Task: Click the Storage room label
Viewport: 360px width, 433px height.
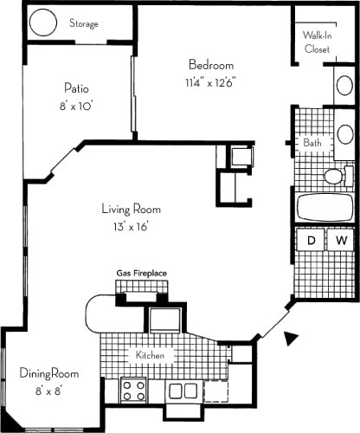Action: (x=84, y=23)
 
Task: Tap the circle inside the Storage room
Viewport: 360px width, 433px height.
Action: (x=43, y=23)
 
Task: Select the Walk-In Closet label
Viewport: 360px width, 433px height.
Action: (x=317, y=42)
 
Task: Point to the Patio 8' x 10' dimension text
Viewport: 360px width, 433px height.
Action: (x=76, y=107)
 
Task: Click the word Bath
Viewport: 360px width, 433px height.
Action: (x=312, y=143)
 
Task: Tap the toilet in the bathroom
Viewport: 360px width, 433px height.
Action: (x=338, y=176)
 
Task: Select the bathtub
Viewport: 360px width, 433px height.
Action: (x=325, y=207)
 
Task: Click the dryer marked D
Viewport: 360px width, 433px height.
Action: (x=312, y=240)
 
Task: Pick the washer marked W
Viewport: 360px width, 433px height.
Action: (x=341, y=240)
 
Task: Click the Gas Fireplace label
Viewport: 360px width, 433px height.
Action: (x=141, y=273)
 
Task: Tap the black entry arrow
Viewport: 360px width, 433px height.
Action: (x=291, y=338)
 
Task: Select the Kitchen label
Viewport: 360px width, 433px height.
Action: (x=150, y=355)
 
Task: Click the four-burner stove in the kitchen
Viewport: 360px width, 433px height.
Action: (x=133, y=390)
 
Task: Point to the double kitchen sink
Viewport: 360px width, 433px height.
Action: (x=183, y=391)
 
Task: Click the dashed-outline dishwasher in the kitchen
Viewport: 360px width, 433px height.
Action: (x=215, y=391)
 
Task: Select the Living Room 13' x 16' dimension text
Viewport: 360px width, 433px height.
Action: (x=131, y=227)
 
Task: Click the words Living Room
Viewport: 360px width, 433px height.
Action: (x=132, y=210)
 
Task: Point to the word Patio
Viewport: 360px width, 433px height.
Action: (x=76, y=88)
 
